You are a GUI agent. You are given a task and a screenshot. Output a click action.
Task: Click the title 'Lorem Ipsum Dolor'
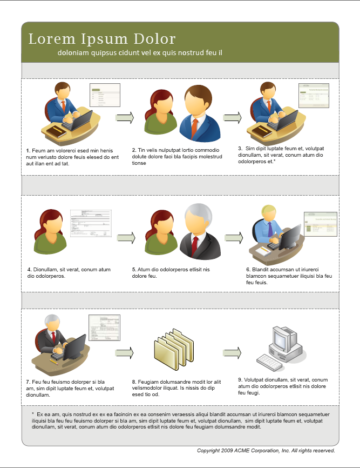[x=102, y=39]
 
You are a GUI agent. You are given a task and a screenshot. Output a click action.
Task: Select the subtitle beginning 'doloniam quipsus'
[x=140, y=53]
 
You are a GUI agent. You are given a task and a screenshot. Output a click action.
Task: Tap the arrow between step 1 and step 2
[x=125, y=117]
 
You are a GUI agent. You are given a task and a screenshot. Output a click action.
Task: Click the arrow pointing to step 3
[x=232, y=117]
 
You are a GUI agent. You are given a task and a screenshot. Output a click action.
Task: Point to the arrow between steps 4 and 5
[x=126, y=237]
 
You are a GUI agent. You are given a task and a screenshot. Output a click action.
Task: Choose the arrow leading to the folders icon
[x=124, y=352]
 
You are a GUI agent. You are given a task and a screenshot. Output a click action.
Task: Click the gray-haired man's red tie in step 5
[x=194, y=245]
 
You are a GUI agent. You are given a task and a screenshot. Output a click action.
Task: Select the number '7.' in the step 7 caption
[x=28, y=382]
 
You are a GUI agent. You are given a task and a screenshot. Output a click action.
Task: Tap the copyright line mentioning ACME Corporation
[x=266, y=450]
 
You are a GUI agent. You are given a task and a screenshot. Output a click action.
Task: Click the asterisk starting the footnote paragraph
[x=33, y=413]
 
